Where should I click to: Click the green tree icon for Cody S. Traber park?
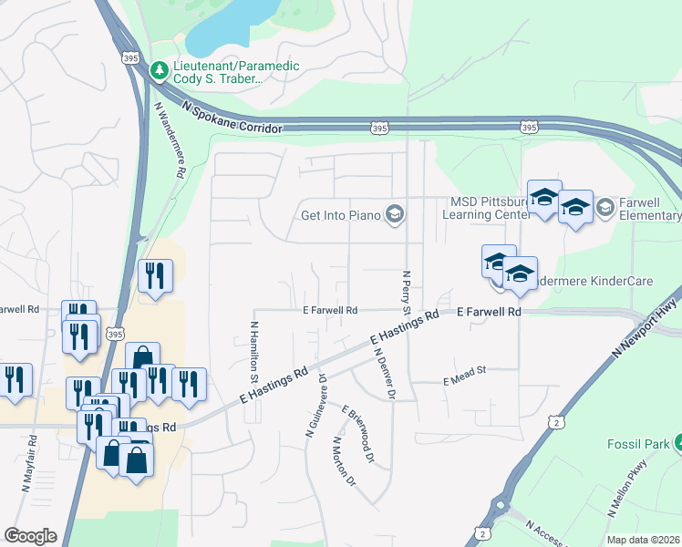(160, 69)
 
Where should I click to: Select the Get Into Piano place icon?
(395, 216)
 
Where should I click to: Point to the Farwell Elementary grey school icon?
(604, 209)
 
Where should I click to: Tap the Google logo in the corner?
(30, 536)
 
